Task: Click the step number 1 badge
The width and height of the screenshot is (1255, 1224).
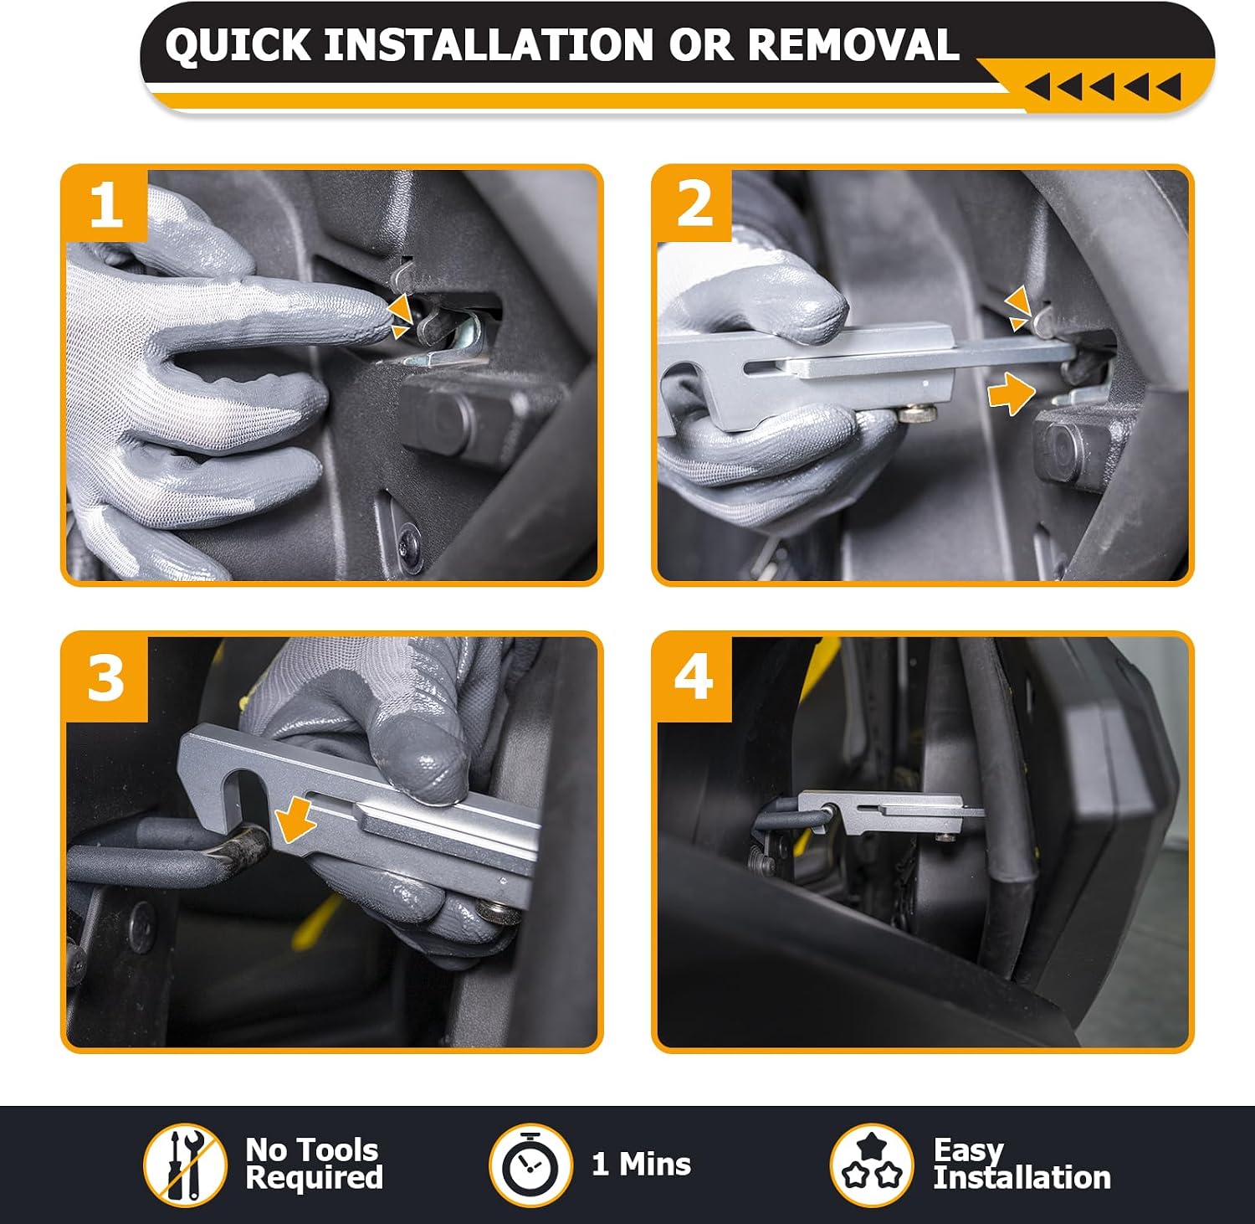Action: (x=106, y=204)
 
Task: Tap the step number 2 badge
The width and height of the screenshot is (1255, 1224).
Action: (x=694, y=204)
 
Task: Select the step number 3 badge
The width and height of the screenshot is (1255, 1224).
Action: (x=106, y=678)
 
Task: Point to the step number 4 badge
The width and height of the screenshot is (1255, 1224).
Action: (x=694, y=678)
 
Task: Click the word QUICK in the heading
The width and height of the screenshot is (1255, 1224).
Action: (x=238, y=45)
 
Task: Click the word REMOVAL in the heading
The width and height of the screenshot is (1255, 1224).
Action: (x=853, y=44)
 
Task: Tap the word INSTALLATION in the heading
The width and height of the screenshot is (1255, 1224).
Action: (x=489, y=44)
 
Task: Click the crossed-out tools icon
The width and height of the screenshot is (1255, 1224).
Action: (x=185, y=1165)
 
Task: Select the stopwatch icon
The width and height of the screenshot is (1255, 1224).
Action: (x=530, y=1165)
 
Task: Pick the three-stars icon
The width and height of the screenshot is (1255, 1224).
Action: (x=871, y=1165)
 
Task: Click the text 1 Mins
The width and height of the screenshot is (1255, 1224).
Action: (x=642, y=1164)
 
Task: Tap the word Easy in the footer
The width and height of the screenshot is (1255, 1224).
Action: (x=968, y=1151)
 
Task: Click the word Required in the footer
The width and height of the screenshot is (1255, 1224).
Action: (x=314, y=1177)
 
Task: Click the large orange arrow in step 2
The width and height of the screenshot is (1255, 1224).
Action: (x=1011, y=392)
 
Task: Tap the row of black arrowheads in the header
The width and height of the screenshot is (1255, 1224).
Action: (x=1103, y=86)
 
